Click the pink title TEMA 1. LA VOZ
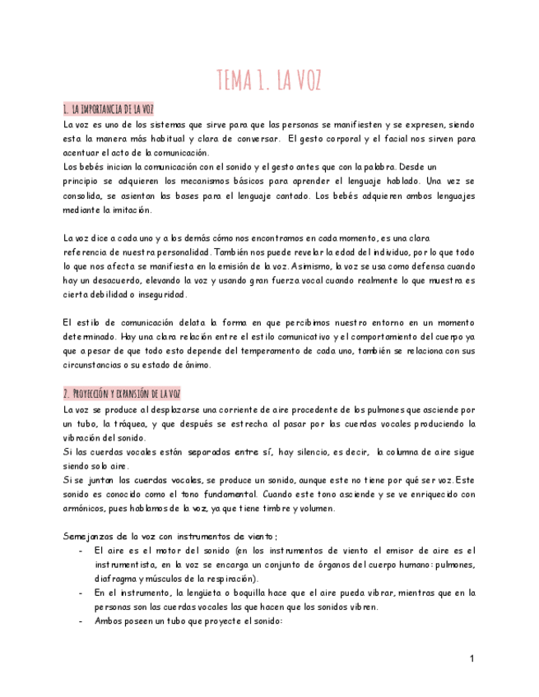(x=269, y=81)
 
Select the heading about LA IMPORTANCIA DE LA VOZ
(x=108, y=109)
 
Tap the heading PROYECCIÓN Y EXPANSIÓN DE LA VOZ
(x=122, y=394)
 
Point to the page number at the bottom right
(x=472, y=659)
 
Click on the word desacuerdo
(x=122, y=280)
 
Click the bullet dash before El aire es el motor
(x=80, y=551)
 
